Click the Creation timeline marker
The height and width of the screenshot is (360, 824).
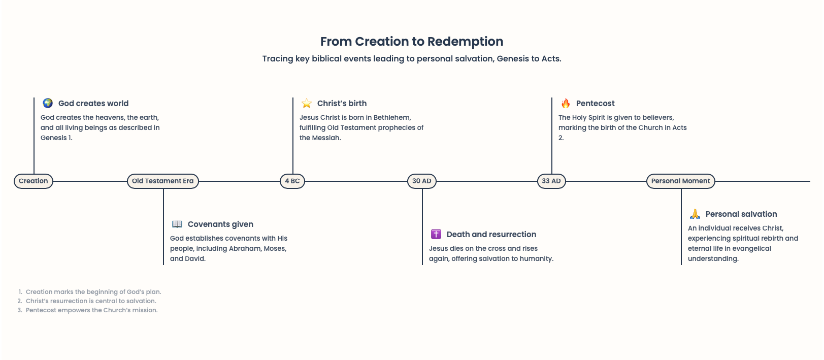tap(34, 181)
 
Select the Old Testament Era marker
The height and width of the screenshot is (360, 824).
tap(163, 181)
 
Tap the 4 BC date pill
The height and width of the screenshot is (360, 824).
tap(292, 181)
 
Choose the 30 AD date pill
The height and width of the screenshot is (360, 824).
tap(422, 181)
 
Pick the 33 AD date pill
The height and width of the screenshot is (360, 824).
tap(551, 181)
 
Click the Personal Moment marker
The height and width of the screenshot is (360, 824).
tap(681, 181)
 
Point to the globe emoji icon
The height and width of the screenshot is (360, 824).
tap(48, 103)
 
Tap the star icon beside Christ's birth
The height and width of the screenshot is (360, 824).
tap(307, 103)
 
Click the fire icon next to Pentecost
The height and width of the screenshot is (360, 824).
tap(566, 103)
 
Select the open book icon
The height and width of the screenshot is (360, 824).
tap(177, 224)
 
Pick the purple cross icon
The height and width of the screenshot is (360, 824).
tap(436, 234)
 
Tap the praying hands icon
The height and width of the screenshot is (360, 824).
tap(695, 214)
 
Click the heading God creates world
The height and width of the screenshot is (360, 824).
tap(93, 104)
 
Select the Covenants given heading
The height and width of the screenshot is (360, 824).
tap(220, 224)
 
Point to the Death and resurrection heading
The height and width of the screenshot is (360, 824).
tap(491, 235)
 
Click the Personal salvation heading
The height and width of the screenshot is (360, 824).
tap(741, 214)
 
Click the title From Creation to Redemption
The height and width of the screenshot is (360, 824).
tap(412, 42)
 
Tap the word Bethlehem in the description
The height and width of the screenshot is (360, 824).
tap(392, 118)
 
